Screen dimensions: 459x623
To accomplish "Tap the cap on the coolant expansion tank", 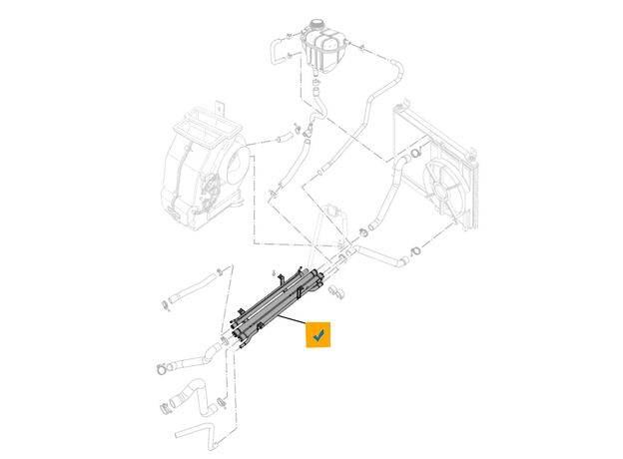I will click(x=321, y=25).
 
